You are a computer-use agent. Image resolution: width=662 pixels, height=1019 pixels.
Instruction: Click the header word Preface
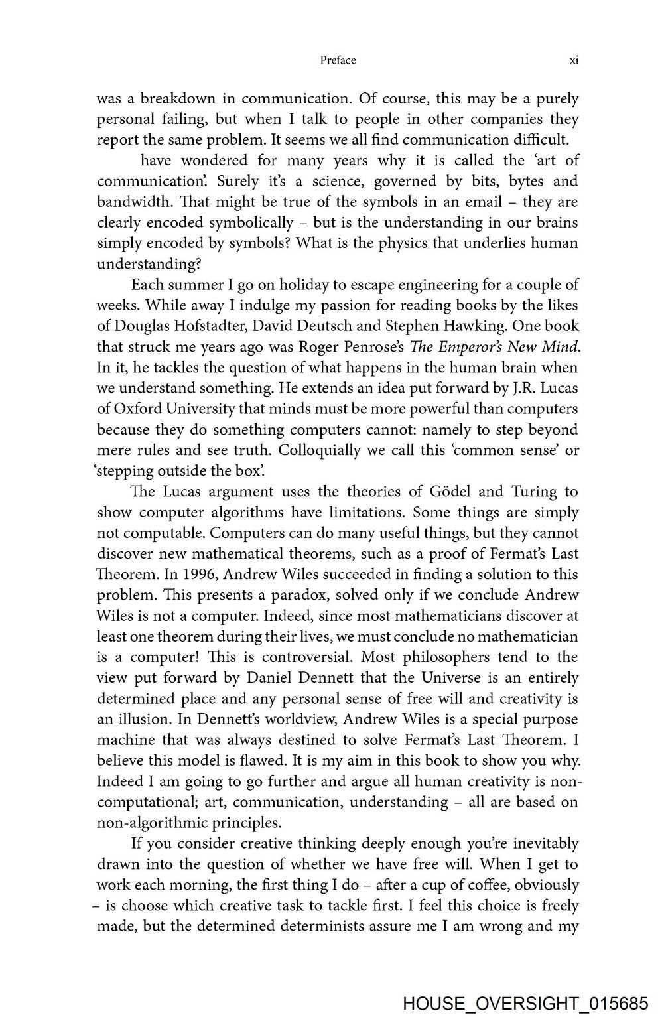pyautogui.click(x=338, y=60)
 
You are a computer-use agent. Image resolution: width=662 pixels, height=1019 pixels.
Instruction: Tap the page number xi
pyautogui.click(x=574, y=60)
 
